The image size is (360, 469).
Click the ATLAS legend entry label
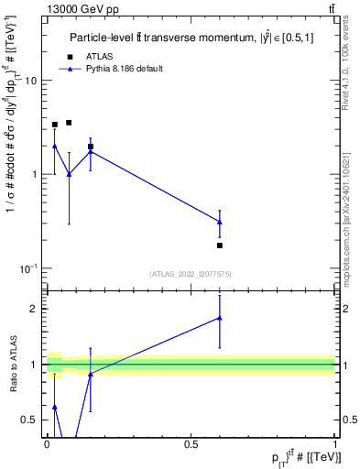(x=99, y=57)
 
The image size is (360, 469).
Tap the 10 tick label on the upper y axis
(x=30, y=81)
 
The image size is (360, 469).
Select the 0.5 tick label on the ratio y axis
(x=30, y=420)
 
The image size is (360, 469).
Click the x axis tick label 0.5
(x=191, y=442)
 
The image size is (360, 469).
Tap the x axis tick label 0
(x=47, y=442)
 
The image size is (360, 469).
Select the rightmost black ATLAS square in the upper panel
(x=220, y=245)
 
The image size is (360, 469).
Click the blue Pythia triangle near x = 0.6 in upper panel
(x=220, y=222)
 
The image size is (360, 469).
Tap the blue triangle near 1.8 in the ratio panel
(x=220, y=318)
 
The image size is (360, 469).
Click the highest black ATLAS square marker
(x=69, y=123)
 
